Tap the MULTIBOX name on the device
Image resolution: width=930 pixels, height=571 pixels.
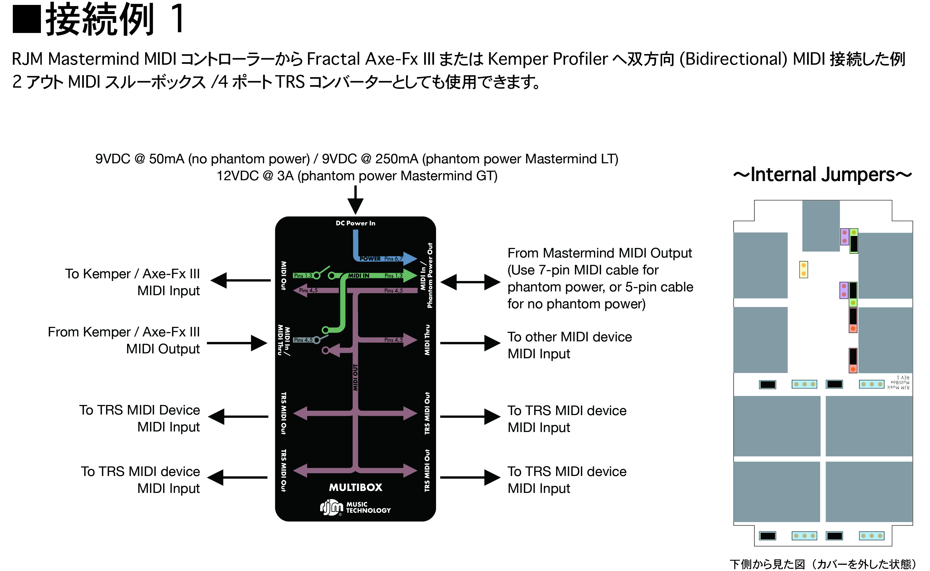pos(356,487)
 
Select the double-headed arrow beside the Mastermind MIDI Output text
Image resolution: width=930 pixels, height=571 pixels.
pos(470,282)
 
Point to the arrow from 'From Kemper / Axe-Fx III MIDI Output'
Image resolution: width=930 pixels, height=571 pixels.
pos(237,343)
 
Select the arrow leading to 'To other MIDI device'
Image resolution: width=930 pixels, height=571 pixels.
pos(470,343)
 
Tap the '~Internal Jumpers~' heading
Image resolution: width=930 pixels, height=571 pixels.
pos(822,174)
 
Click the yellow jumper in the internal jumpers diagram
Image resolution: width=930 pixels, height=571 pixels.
pos(803,270)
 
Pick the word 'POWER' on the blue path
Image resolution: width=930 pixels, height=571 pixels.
pos(370,259)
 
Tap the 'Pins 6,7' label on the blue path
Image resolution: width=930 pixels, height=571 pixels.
pos(393,259)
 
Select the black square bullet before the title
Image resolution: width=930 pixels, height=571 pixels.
pos(26,19)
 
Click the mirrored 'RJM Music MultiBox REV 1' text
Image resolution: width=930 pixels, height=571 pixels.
pos(899,382)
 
